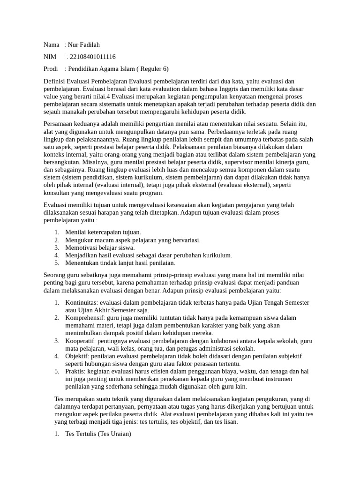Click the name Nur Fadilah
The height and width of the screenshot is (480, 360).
tap(84, 45)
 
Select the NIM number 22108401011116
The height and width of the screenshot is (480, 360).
tap(92, 57)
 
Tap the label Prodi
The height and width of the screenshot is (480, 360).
tap(51, 69)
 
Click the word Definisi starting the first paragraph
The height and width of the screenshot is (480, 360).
tap(54, 81)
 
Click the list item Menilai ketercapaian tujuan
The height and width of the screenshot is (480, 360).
tap(103, 232)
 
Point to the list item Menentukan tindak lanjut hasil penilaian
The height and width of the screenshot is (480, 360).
tap(120, 263)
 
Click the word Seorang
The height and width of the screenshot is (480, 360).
tap(54, 275)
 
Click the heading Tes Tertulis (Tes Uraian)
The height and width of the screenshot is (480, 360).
tap(98, 434)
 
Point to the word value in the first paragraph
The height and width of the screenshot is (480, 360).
tap(51, 97)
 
